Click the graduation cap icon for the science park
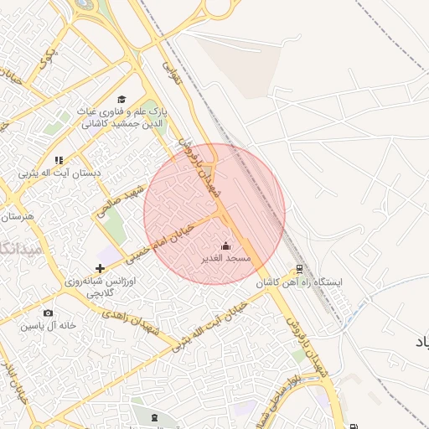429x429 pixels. tap(121, 99)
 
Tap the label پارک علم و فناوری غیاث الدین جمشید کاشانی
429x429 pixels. tap(122, 116)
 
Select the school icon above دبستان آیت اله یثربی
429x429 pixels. tap(59, 159)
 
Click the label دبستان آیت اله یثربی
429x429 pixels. tap(59, 173)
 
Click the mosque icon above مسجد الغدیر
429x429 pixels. tap(225, 246)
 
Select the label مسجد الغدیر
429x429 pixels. tap(225, 259)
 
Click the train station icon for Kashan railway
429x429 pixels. tap(300, 270)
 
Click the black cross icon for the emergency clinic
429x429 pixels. tap(101, 269)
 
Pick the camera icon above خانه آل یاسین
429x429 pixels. tap(49, 313)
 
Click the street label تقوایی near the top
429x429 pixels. tap(171, 63)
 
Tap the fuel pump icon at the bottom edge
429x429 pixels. tap(352, 425)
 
